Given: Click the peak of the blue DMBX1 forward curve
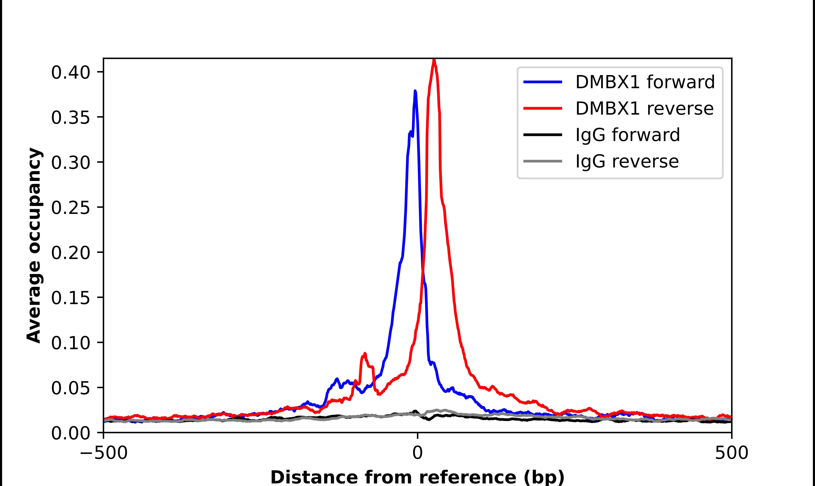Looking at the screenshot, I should coord(415,91).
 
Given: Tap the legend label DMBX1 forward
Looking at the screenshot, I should coord(645,82).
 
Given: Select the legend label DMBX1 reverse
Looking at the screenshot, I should coord(644,108).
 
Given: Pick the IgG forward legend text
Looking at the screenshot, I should coord(627,135).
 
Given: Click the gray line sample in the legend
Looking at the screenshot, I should coord(543,161).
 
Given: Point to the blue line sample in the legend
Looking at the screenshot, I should coord(543,82).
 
